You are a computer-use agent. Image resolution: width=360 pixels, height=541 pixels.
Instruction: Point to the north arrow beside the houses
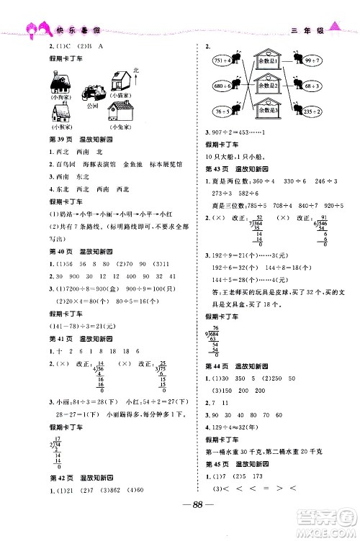click(x=136, y=78)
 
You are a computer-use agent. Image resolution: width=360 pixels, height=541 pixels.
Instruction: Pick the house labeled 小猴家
click(x=61, y=114)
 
